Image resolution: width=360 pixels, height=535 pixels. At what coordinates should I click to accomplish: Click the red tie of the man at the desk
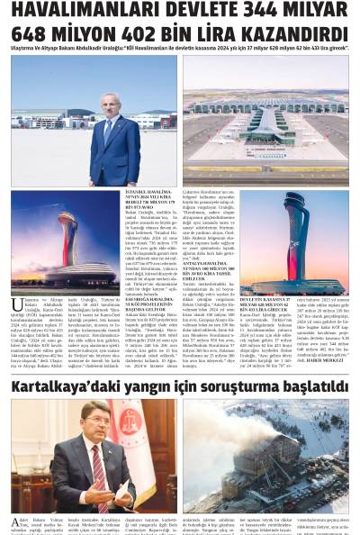click(97, 461)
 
